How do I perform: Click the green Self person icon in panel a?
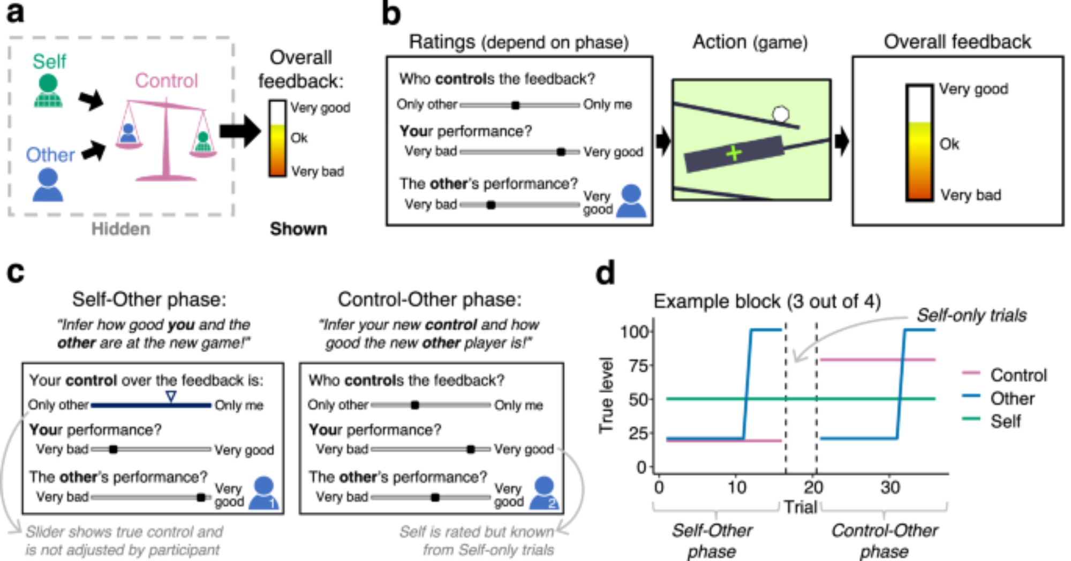[48, 91]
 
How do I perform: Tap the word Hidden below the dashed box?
[120, 229]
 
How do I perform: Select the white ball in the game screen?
[781, 114]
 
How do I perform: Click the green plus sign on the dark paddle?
[734, 154]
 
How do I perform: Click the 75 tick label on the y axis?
[637, 366]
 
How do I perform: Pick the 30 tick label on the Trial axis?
[890, 487]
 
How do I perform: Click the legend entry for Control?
[1018, 375]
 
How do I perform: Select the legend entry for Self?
[1005, 421]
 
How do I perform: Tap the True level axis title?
[606, 395]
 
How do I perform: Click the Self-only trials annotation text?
[971, 315]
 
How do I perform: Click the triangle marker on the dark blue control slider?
[171, 397]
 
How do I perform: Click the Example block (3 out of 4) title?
[767, 301]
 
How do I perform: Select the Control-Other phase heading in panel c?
[429, 299]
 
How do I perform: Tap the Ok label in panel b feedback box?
[949, 144]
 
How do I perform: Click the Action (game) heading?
[750, 42]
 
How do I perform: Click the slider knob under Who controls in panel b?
[515, 105]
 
